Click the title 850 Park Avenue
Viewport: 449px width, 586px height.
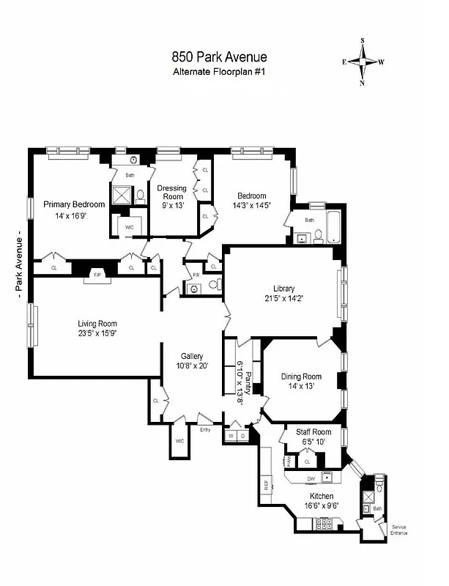(219, 56)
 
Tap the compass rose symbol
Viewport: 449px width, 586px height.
(363, 62)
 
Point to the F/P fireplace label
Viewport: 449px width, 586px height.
(96, 275)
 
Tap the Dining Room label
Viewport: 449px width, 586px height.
(302, 377)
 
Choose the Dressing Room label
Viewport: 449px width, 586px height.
(172, 193)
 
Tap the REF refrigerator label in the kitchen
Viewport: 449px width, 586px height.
(265, 484)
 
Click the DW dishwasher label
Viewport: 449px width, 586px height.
(311, 479)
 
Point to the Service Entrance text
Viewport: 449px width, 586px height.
(399, 530)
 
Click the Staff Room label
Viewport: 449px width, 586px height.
(313, 432)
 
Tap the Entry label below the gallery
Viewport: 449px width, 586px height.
(206, 430)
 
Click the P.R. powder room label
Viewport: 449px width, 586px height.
(196, 275)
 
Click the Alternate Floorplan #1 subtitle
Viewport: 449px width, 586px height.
(219, 72)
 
